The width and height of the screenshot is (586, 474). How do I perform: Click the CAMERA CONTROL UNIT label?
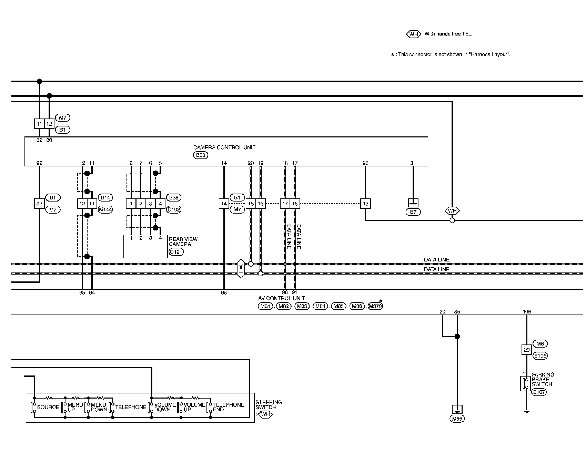[224, 147]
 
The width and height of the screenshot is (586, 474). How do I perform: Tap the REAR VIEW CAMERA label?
[183, 241]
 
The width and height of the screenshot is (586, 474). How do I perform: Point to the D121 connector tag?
[176, 252]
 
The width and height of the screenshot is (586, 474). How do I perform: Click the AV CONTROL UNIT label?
[281, 298]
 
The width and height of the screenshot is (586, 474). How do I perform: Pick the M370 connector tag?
[375, 306]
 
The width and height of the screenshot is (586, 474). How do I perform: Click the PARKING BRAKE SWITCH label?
[543, 379]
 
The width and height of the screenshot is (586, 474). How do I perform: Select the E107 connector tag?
[539, 392]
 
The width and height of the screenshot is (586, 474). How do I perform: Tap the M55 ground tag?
[457, 419]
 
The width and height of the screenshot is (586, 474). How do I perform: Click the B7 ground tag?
[413, 212]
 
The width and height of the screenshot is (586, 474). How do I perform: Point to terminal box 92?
[39, 204]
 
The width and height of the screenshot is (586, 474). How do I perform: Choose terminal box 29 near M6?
[526, 350]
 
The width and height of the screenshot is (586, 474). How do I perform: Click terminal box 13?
[365, 204]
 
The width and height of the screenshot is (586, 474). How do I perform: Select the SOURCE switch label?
[48, 407]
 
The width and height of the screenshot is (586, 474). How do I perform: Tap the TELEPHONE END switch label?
[228, 407]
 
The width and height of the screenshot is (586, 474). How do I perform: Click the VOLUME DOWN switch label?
[165, 407]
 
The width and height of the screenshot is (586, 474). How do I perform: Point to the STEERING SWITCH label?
[269, 405]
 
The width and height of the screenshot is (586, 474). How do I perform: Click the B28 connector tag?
[174, 197]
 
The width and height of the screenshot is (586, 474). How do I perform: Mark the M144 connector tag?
[105, 209]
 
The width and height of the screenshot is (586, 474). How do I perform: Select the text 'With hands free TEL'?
[448, 34]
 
